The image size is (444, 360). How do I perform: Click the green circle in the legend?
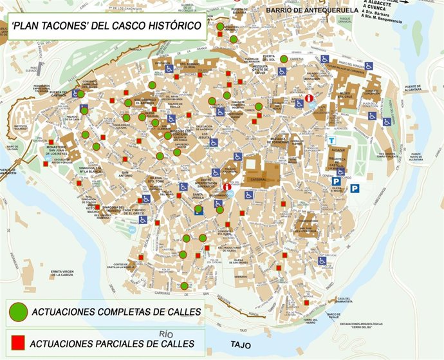coord(18,312)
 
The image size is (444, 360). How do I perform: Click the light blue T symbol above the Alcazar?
coord(331,140)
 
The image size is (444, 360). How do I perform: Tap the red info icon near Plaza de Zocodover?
coord(310,99)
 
